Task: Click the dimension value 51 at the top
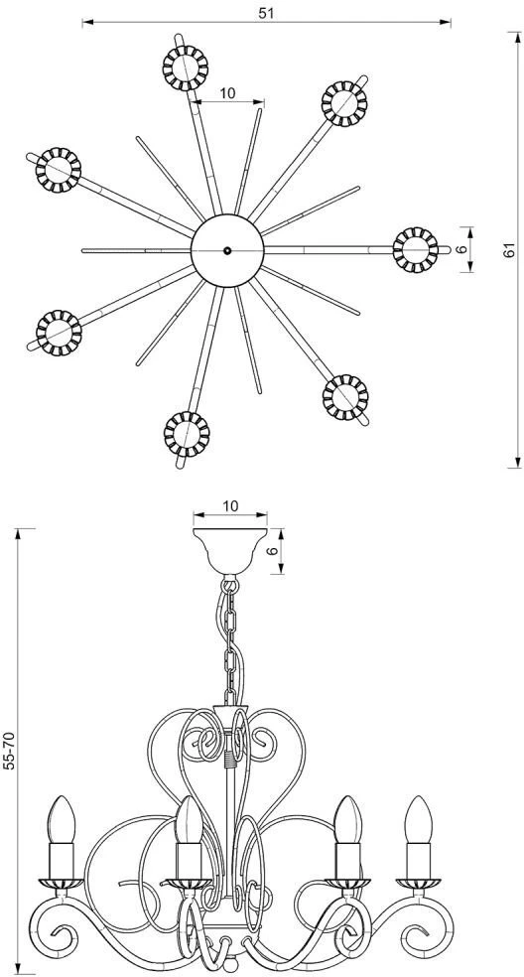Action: [x=266, y=13]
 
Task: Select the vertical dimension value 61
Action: [x=510, y=250]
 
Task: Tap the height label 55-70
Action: [x=9, y=751]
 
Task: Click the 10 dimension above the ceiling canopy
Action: [x=230, y=506]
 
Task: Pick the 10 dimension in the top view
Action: [x=227, y=93]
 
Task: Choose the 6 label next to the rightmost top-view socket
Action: [x=461, y=250]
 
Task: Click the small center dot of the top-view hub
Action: [x=227, y=250]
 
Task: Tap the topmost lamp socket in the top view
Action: [x=185, y=68]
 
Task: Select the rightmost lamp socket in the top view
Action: [x=416, y=250]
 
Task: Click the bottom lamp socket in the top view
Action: [x=187, y=434]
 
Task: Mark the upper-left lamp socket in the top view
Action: [x=59, y=170]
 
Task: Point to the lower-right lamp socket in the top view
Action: [x=345, y=397]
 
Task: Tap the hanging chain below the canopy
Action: [x=230, y=640]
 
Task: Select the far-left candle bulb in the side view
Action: [x=62, y=820]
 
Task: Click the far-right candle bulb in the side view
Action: [x=418, y=820]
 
